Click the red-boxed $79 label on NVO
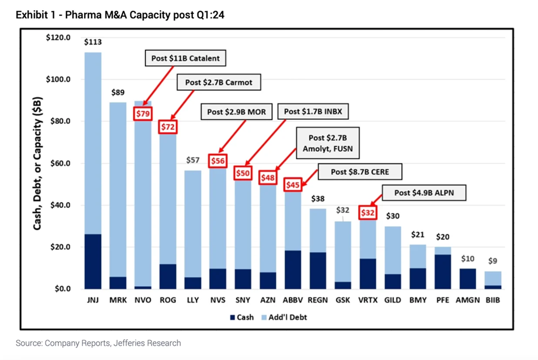point(142,114)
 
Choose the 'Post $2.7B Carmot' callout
point(218,82)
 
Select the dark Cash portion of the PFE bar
point(443,271)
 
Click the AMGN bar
point(468,278)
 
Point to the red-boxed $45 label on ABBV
point(293,185)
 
